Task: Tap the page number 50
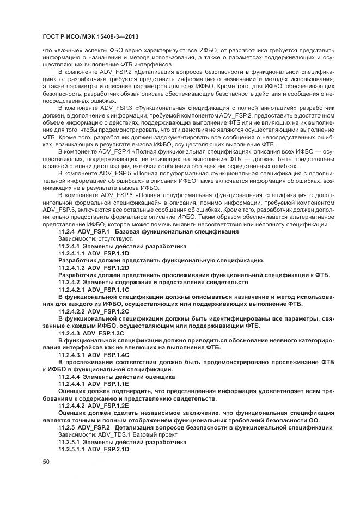pyautogui.click(x=46, y=461)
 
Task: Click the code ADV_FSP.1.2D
pyautogui.click(x=108, y=268)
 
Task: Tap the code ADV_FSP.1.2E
pyautogui.click(x=108, y=406)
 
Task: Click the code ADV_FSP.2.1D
pyautogui.click(x=108, y=449)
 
